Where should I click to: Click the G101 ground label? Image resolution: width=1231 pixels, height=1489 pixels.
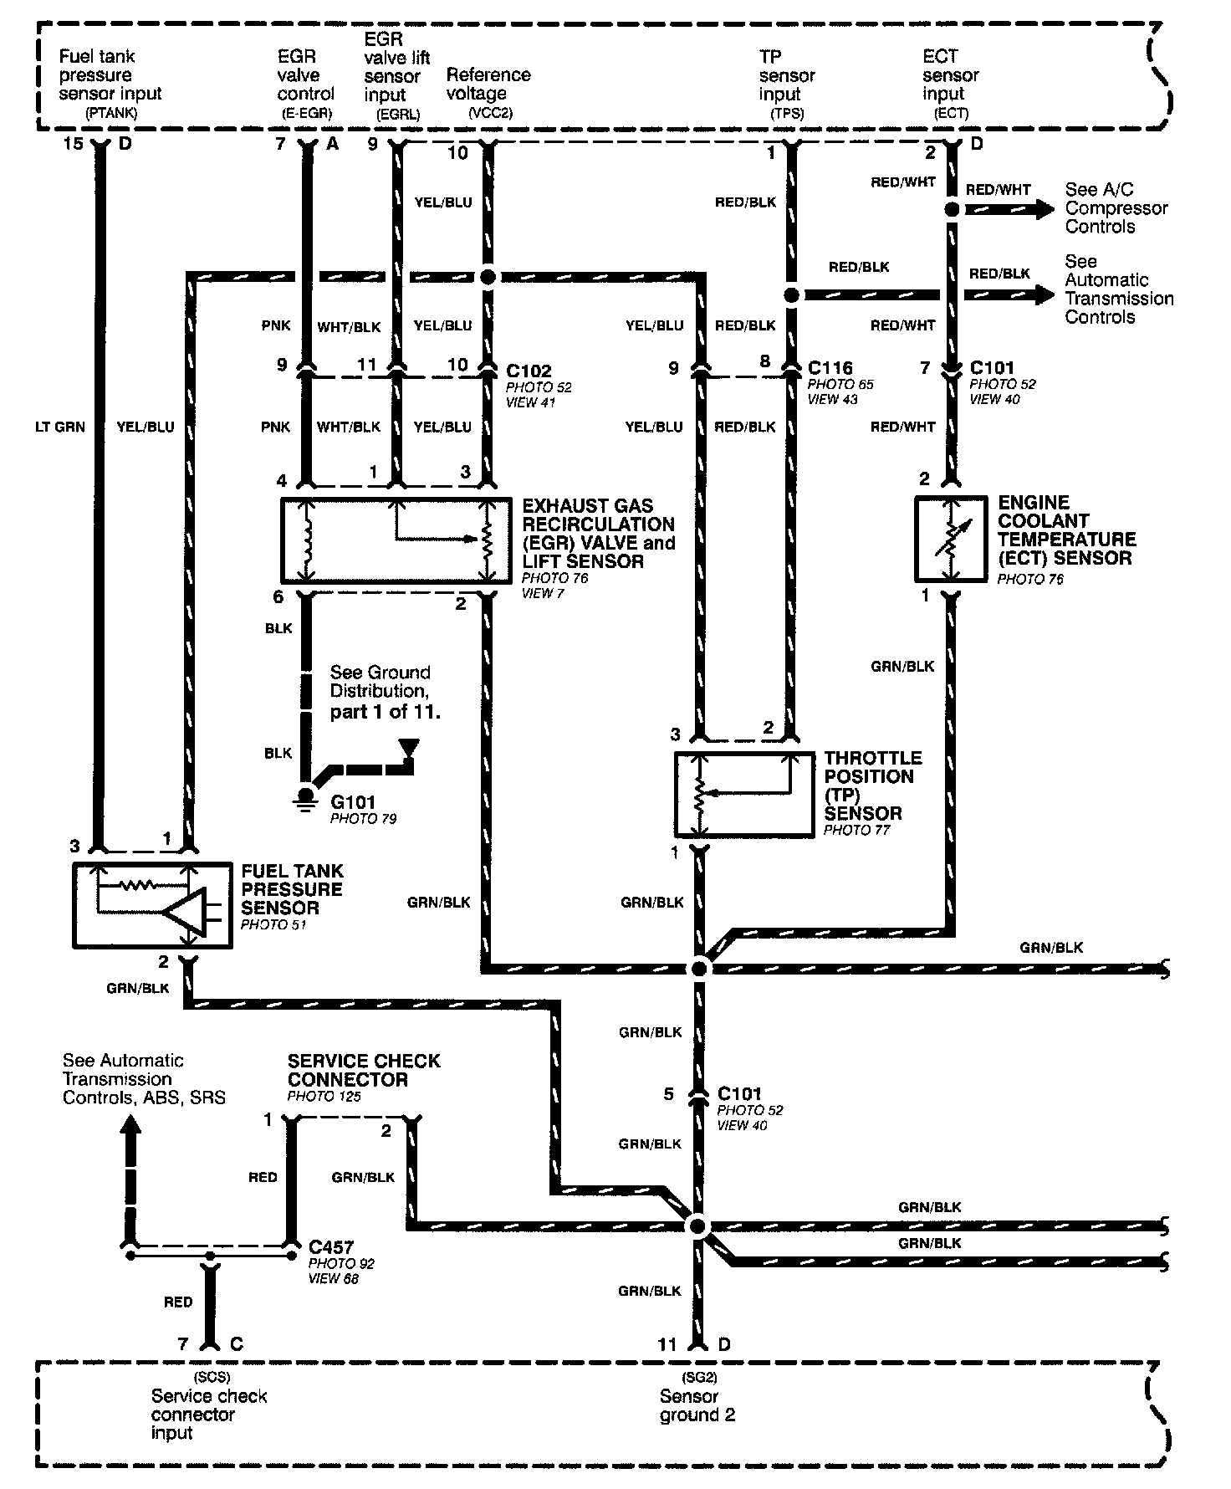(x=353, y=802)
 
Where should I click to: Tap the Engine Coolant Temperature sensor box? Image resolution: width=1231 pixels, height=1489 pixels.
(x=951, y=540)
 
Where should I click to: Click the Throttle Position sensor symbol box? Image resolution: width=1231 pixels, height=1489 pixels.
(x=743, y=794)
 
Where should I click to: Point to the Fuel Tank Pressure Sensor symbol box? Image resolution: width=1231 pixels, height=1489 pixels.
(x=152, y=906)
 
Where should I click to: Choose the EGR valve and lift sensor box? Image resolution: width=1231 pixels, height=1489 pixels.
(x=396, y=540)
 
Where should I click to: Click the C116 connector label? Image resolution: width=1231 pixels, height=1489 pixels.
(x=830, y=367)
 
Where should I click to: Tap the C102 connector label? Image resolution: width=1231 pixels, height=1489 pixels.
(x=529, y=371)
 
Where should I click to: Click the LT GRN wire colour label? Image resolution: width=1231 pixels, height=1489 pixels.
(x=59, y=427)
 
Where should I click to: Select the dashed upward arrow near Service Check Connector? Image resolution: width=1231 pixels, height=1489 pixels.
(x=130, y=1171)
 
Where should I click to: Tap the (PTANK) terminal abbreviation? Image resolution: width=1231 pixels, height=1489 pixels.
(x=110, y=111)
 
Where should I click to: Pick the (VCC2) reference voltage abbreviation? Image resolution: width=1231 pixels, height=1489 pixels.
(x=490, y=112)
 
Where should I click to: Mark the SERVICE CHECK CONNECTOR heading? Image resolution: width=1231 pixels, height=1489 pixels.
(x=363, y=1069)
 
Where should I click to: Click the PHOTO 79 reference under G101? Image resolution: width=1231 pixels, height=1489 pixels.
(x=363, y=819)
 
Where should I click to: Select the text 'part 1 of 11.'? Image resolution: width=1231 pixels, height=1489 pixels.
(x=385, y=712)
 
